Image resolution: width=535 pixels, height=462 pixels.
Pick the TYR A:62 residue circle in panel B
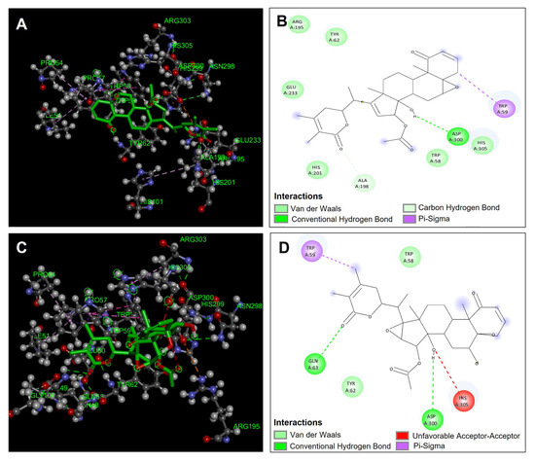tap(334, 36)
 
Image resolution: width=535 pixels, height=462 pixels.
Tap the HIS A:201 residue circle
tap(315, 167)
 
